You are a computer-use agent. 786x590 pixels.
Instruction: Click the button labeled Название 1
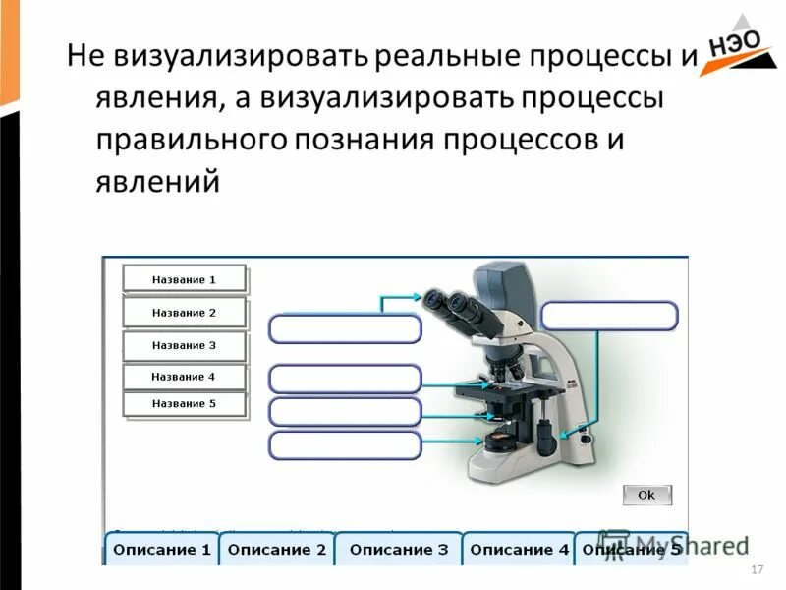(184, 279)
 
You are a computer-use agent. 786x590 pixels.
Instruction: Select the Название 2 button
(184, 313)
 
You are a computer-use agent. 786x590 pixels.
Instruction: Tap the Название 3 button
(184, 345)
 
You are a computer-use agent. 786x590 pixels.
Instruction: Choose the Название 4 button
(184, 377)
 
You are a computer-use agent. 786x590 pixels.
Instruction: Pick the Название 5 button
(184, 403)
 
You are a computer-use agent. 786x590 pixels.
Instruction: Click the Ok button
(646, 495)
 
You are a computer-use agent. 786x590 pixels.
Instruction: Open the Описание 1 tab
(161, 550)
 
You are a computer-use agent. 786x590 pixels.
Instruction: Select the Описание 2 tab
(276, 550)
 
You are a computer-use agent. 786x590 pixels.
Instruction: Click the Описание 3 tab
(398, 550)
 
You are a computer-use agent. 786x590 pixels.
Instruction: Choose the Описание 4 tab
(519, 550)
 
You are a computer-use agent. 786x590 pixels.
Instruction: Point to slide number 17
(756, 571)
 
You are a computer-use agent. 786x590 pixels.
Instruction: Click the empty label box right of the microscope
(609, 317)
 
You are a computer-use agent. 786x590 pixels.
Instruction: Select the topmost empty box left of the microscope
(345, 328)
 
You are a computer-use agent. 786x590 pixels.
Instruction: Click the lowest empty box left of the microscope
(345, 445)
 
